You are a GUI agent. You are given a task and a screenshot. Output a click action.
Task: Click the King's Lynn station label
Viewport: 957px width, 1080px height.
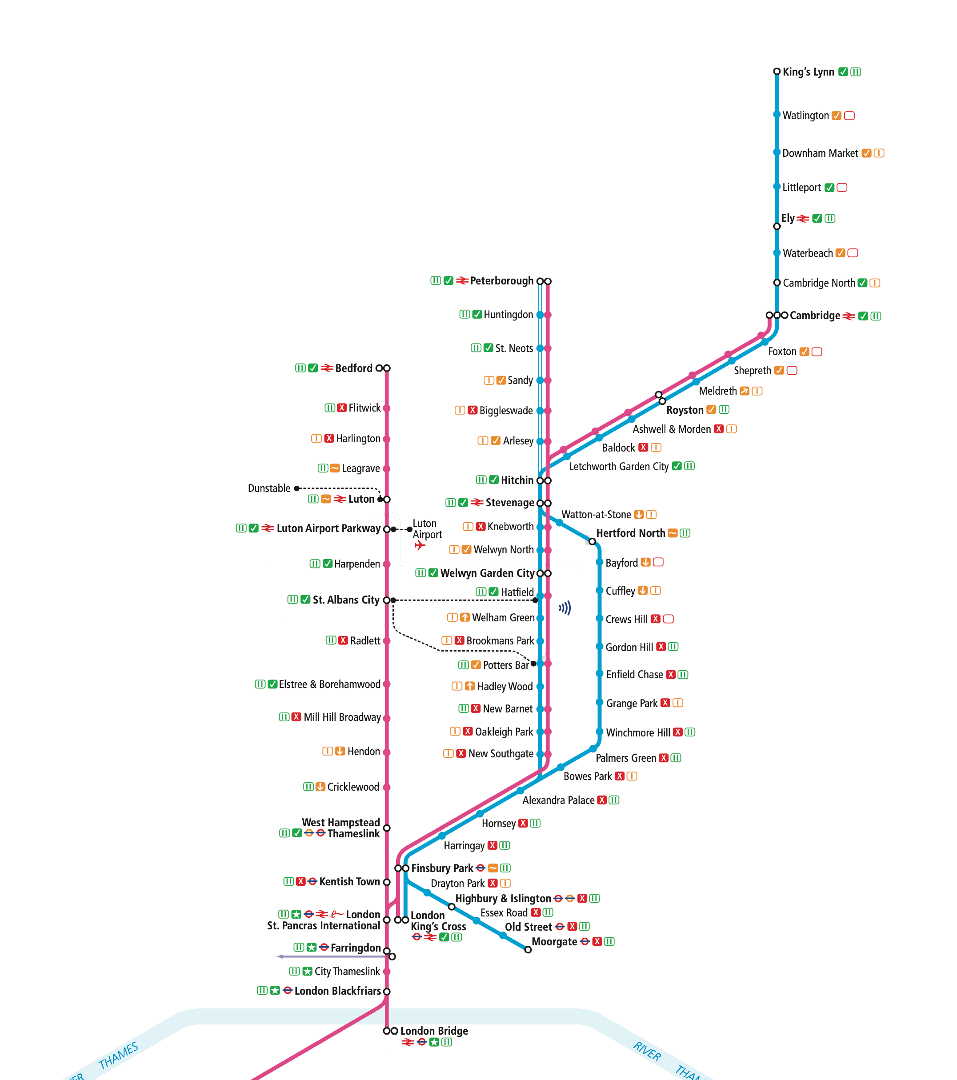[808, 72]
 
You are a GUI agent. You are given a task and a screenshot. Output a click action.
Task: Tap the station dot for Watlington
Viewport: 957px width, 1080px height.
[776, 115]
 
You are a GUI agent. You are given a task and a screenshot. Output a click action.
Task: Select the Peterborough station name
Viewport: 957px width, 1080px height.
[501, 280]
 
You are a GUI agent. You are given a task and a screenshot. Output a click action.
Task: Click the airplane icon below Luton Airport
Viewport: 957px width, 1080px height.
[420, 545]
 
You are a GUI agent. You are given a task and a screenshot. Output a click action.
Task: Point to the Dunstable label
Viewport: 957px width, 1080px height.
[269, 488]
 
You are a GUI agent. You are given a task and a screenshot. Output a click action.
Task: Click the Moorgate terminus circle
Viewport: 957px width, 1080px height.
[527, 949]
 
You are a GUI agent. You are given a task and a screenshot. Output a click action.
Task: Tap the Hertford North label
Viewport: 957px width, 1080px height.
[630, 533]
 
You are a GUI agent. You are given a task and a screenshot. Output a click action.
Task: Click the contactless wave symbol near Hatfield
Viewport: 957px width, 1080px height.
[565, 608]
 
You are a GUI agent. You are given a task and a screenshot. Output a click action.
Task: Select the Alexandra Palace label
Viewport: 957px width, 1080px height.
[558, 800]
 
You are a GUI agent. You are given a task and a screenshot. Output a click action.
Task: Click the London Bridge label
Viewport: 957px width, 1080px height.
[434, 1031]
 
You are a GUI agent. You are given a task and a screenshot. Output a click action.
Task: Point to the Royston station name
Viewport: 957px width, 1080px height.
[685, 410]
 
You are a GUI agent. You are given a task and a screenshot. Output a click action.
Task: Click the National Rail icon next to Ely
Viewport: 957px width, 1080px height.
[802, 218]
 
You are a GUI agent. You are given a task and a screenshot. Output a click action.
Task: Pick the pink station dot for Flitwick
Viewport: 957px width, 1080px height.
[386, 408]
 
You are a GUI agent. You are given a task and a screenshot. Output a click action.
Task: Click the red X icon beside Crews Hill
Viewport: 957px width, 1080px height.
[655, 619]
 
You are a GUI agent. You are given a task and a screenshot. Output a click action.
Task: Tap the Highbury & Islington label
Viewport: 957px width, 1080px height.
[503, 898]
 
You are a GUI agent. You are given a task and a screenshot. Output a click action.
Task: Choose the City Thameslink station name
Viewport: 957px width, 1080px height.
[347, 971]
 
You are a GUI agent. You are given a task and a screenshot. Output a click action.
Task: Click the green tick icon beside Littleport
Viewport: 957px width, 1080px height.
[829, 188]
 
